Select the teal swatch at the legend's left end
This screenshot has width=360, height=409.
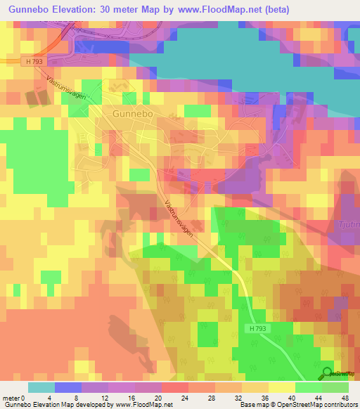[41, 387]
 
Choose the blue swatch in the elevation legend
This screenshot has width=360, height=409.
[67, 387]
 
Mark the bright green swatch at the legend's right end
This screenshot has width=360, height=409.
[335, 387]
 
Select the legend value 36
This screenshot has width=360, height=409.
[255, 397]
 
